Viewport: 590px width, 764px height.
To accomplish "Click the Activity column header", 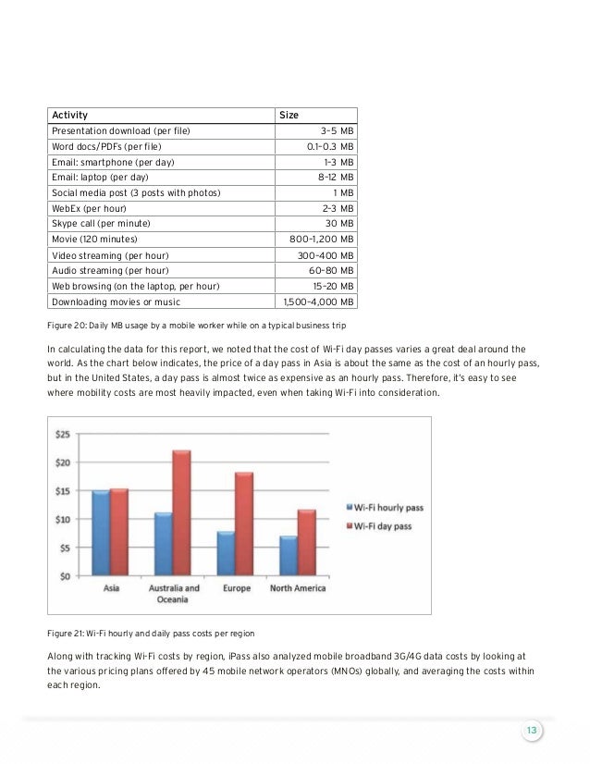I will point(70,116).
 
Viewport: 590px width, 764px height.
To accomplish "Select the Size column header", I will point(289,116).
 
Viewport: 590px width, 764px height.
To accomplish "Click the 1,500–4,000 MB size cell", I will point(319,302).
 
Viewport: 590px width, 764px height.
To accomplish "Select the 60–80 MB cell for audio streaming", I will point(334,270).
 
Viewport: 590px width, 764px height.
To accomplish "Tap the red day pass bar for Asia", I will point(119,532).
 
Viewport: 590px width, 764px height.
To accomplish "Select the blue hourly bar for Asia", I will point(101,533).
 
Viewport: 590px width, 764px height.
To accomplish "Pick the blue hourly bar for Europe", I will point(225,553).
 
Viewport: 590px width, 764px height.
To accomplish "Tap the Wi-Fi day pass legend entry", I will point(380,525).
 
